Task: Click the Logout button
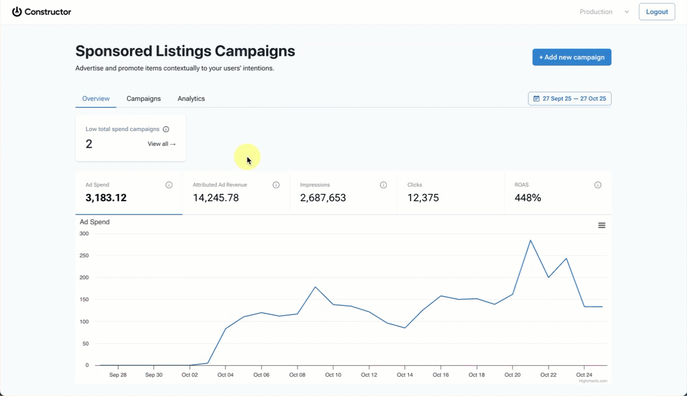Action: tap(656, 12)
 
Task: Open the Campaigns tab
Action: tap(144, 98)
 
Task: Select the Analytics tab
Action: tap(191, 98)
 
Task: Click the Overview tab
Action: tap(96, 98)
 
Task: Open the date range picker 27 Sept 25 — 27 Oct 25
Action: tap(570, 98)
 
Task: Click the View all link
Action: tap(162, 144)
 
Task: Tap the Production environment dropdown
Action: tap(604, 12)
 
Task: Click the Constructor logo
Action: tap(41, 12)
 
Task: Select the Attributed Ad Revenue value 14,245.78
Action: tap(216, 198)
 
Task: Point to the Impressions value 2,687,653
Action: tap(323, 198)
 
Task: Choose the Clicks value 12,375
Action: tap(423, 198)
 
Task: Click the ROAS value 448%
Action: tap(527, 198)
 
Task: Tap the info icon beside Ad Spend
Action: tap(169, 185)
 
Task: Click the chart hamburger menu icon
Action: tap(602, 226)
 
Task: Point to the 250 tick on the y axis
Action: tap(84, 256)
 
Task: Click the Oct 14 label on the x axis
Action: tap(405, 375)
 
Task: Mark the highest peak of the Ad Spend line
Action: tap(530, 240)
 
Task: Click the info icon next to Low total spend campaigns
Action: tap(166, 129)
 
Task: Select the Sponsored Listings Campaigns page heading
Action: tap(185, 51)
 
